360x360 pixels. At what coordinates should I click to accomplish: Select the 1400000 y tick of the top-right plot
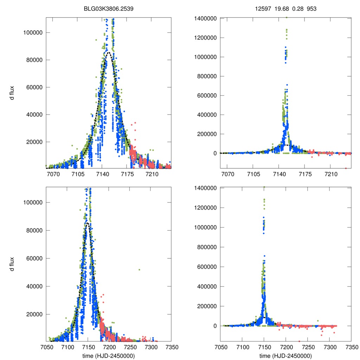point(207,18)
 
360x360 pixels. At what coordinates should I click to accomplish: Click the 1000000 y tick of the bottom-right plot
point(207,227)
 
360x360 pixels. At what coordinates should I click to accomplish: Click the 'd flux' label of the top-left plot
point(12,93)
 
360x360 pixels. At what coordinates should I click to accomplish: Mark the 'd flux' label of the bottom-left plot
point(12,264)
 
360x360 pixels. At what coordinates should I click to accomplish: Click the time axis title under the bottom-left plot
point(108,355)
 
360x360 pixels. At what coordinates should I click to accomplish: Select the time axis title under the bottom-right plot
point(285,355)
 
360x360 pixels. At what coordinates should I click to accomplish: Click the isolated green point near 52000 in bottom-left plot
point(140,270)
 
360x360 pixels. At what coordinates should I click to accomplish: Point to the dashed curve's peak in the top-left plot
point(108,52)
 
